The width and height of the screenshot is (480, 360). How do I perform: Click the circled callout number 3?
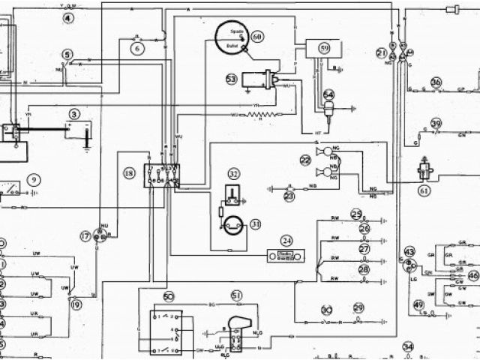tap(73, 114)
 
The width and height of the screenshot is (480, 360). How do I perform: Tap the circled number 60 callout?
tap(257, 36)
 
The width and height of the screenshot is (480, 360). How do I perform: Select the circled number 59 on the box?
tap(324, 48)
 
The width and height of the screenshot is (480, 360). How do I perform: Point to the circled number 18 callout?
tap(129, 173)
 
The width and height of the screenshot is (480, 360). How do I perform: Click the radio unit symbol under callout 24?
tap(285, 256)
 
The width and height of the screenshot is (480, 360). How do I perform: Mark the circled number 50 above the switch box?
tap(168, 296)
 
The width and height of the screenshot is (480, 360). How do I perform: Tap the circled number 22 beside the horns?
tap(305, 160)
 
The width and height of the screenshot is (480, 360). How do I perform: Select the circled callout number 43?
tap(409, 251)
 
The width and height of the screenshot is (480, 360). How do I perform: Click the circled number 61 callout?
tap(425, 190)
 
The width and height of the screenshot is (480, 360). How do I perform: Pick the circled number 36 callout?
tap(436, 82)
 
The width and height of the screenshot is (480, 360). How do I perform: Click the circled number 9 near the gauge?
tap(34, 179)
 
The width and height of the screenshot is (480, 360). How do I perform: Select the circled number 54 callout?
tap(328, 94)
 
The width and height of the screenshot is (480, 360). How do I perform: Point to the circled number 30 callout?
tap(327, 310)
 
